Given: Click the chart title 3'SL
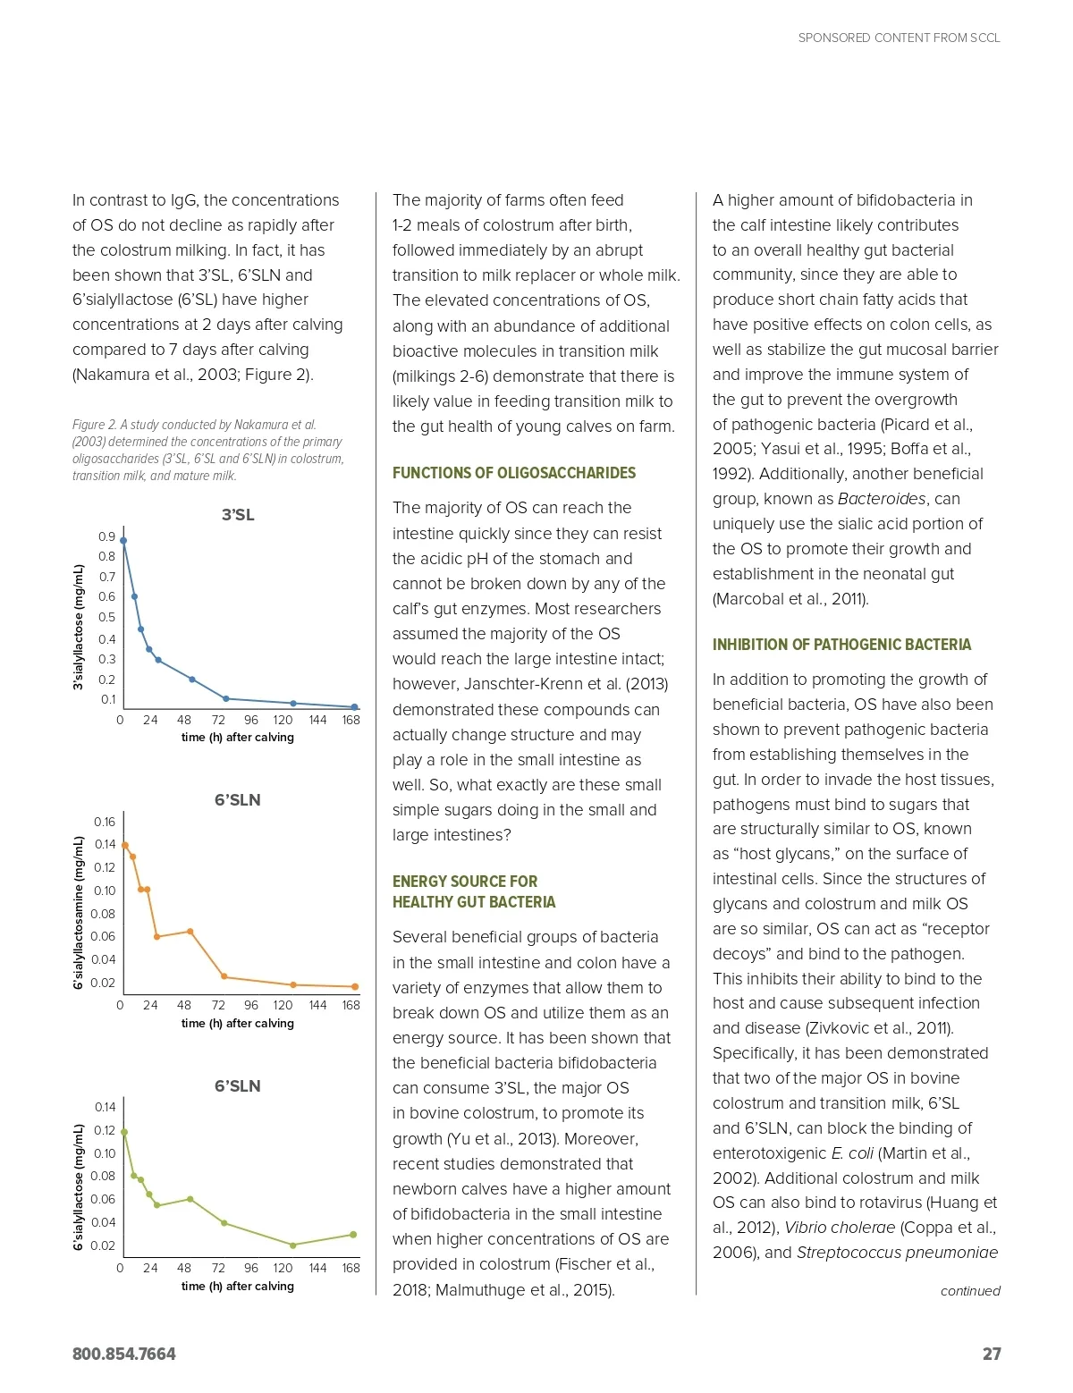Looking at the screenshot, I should click(238, 515).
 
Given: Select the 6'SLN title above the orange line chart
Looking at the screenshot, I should click(237, 800).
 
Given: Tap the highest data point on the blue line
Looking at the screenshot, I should click(123, 541).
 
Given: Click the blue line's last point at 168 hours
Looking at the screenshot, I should click(354, 707).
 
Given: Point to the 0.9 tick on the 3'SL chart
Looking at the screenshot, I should click(107, 536).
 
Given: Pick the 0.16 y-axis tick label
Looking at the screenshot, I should click(105, 822).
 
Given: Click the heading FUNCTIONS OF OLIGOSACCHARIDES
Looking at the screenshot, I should click(514, 473).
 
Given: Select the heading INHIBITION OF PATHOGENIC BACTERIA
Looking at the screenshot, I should click(841, 645).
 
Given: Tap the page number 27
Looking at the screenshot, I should click(992, 1354).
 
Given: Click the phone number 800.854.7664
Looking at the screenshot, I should click(124, 1354).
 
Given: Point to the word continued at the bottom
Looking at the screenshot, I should click(970, 1291).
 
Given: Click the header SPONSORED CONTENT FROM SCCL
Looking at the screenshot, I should click(899, 38).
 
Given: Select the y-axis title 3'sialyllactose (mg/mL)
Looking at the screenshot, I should click(79, 627).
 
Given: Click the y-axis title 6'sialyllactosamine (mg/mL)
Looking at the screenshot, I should click(79, 912).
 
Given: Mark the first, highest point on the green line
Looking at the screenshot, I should click(124, 1132).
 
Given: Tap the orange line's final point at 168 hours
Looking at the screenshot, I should click(355, 987).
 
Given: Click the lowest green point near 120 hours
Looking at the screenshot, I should click(292, 1245).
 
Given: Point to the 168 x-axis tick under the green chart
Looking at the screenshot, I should click(351, 1268).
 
